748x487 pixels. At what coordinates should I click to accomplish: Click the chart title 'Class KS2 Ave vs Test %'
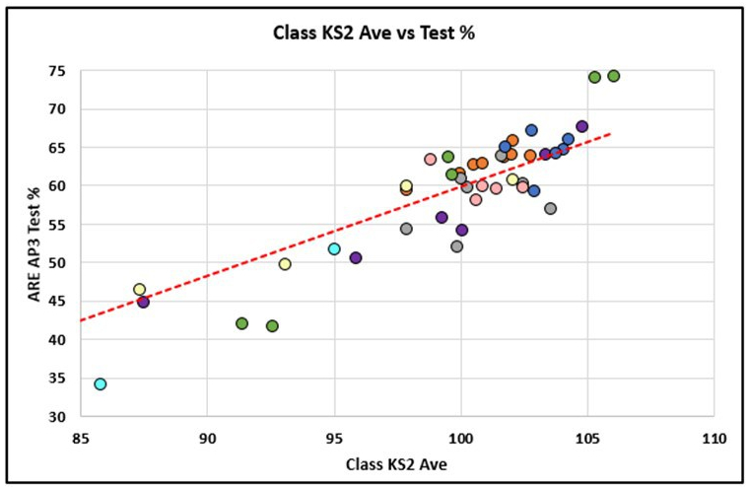374,34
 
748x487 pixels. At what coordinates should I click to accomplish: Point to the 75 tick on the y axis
58,71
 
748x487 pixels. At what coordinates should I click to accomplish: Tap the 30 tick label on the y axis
58,417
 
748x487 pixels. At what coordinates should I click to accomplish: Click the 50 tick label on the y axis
58,263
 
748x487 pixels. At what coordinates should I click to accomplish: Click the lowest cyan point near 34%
101,384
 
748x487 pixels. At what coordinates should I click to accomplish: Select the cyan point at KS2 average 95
334,249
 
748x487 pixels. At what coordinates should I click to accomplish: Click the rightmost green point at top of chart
614,76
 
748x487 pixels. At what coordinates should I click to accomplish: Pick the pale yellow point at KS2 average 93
285,264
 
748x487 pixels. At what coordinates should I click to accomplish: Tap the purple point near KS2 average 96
356,258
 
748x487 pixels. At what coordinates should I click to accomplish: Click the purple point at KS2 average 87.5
144,302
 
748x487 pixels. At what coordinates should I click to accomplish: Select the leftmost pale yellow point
140,290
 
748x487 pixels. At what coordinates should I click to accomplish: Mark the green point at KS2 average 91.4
242,323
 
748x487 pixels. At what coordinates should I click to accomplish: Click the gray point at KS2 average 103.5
551,209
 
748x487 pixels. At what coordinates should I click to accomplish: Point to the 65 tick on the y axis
58,148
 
